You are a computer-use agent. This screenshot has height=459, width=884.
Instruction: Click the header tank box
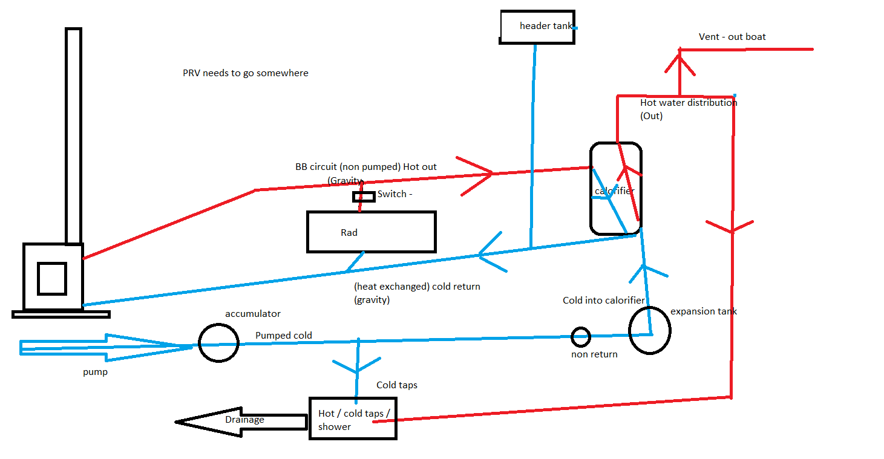pyautogui.click(x=537, y=27)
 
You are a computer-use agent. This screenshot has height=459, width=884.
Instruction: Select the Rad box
pyautogui.click(x=371, y=232)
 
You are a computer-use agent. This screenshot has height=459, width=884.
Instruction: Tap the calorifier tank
pyautogui.click(x=615, y=188)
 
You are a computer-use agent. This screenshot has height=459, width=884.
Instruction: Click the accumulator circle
pyautogui.click(x=219, y=343)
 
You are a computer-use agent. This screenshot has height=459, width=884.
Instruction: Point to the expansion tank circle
pyautogui.click(x=650, y=330)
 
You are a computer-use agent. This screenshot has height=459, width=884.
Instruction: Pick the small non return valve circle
pyautogui.click(x=580, y=336)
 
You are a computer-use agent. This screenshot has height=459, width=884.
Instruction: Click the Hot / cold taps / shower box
pyautogui.click(x=353, y=418)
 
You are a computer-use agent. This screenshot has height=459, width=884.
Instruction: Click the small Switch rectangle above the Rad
pyautogui.click(x=364, y=197)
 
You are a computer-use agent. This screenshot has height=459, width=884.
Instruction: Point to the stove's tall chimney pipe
pyautogui.click(x=73, y=135)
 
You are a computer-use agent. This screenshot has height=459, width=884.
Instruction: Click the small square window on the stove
pyautogui.click(x=51, y=278)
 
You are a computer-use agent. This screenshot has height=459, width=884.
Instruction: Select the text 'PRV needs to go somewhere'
pyautogui.click(x=245, y=73)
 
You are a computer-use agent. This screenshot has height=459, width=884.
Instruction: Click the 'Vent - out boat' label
pyautogui.click(x=732, y=37)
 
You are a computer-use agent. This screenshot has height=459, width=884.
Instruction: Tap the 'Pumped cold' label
pyautogui.click(x=284, y=336)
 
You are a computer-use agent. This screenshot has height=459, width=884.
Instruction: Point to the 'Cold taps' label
pyautogui.click(x=396, y=385)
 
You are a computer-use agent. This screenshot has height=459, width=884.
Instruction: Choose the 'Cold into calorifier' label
pyautogui.click(x=603, y=301)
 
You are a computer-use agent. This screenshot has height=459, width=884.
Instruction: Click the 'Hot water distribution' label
pyautogui.click(x=688, y=103)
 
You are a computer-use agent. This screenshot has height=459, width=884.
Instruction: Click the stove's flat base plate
pyautogui.click(x=61, y=314)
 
